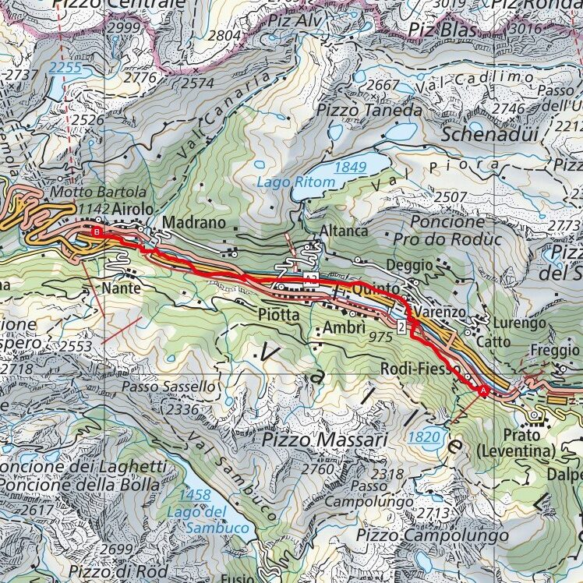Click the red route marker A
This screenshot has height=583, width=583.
coord(483,390)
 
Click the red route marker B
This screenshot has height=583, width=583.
coord(97,231)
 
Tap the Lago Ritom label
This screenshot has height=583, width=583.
coord(297,182)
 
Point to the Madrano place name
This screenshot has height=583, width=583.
coord(194,223)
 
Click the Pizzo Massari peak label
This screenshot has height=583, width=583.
coord(324,440)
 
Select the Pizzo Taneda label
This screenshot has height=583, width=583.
coord(369,111)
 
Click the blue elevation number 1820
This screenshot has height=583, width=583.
coord(424,437)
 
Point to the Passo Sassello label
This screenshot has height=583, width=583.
coord(167,387)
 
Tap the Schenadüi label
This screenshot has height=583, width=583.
coord(489,133)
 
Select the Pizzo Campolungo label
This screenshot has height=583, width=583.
coord(433,535)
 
